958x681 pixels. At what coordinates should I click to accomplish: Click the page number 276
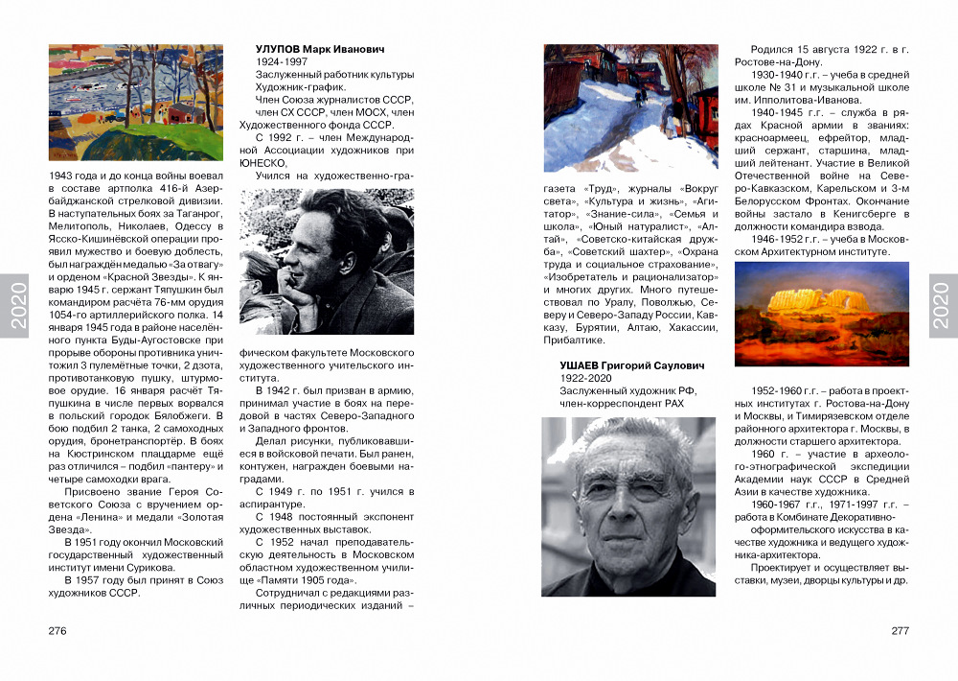[x=57, y=631]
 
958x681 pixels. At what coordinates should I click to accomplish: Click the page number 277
[x=900, y=631]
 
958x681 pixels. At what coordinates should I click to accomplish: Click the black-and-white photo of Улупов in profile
[x=326, y=261]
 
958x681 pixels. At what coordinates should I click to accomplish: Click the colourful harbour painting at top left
[x=135, y=103]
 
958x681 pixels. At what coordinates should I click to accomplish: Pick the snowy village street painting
[x=629, y=107]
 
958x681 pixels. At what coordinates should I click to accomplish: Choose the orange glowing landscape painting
[x=821, y=315]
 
